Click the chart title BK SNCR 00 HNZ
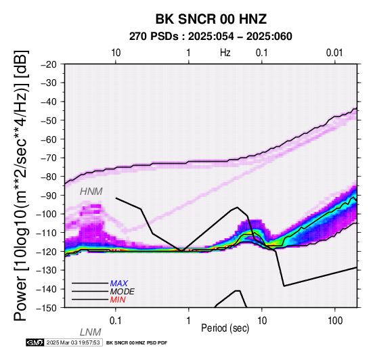[x=211, y=19]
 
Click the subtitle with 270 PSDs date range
[x=211, y=37]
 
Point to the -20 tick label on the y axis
[x=49, y=64]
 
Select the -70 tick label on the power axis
[x=49, y=158]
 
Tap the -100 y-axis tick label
[x=47, y=214]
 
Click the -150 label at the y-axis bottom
[x=47, y=308]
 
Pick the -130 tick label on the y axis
[x=47, y=270]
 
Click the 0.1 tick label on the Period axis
[x=116, y=321]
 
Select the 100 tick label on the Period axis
[x=335, y=321]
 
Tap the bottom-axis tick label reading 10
[x=262, y=321]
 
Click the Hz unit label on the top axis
[x=225, y=53]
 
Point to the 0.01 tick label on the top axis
[x=334, y=53]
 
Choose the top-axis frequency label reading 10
[x=116, y=53]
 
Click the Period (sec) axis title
[x=225, y=328]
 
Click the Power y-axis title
[x=21, y=185]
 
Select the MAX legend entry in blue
[x=119, y=284]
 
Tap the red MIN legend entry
[x=118, y=300]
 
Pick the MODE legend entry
[x=123, y=292]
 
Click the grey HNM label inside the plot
[x=91, y=192]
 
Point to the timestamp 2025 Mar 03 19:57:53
[x=73, y=342]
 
